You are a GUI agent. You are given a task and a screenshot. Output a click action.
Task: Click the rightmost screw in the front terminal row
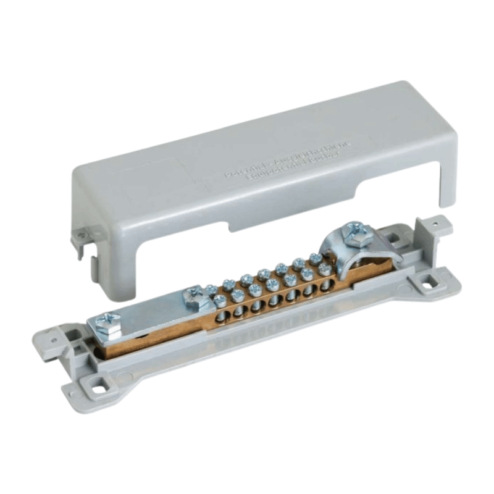(x=324, y=269)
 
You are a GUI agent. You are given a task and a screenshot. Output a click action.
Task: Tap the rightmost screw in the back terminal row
(x=315, y=258)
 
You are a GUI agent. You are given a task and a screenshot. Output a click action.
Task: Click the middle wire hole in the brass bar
(x=275, y=303)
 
